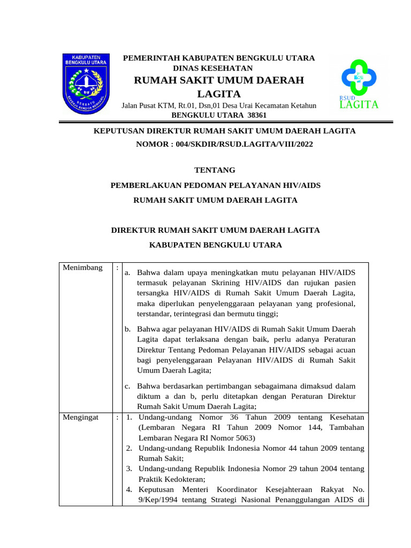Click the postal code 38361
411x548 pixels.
(257, 116)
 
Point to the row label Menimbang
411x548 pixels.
(82, 268)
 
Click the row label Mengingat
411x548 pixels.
(80, 417)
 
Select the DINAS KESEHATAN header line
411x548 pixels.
(213, 68)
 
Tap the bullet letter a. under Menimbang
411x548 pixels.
(127, 273)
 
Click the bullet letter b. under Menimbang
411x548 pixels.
(128, 329)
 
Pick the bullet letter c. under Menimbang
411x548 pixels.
(127, 386)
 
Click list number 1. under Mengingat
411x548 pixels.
(130, 417)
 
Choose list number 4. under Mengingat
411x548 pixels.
(130, 489)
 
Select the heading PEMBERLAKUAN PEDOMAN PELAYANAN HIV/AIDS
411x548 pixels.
(215, 185)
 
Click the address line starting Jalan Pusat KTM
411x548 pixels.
(219, 106)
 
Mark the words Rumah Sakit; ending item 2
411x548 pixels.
(161, 458)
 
